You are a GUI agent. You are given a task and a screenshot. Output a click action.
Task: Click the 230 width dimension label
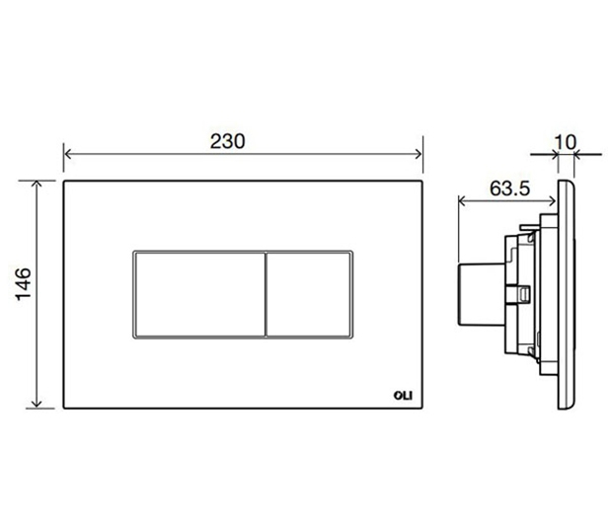[x=228, y=141]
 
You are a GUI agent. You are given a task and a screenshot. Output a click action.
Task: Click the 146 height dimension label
[x=24, y=284]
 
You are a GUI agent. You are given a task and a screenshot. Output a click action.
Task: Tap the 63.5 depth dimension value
[x=509, y=189]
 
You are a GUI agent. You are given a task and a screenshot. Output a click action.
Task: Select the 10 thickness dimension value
[x=565, y=142]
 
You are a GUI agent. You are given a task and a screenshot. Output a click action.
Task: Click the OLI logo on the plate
[x=403, y=396]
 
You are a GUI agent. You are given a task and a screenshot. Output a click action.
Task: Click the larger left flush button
[x=199, y=294]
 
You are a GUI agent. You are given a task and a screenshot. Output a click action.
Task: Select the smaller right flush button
[x=309, y=294]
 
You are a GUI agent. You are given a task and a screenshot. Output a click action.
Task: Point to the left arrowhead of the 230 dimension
[x=67, y=154]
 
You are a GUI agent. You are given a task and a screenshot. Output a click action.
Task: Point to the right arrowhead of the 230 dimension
[x=419, y=154]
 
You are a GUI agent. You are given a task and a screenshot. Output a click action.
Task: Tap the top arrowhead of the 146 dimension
[x=37, y=184]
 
